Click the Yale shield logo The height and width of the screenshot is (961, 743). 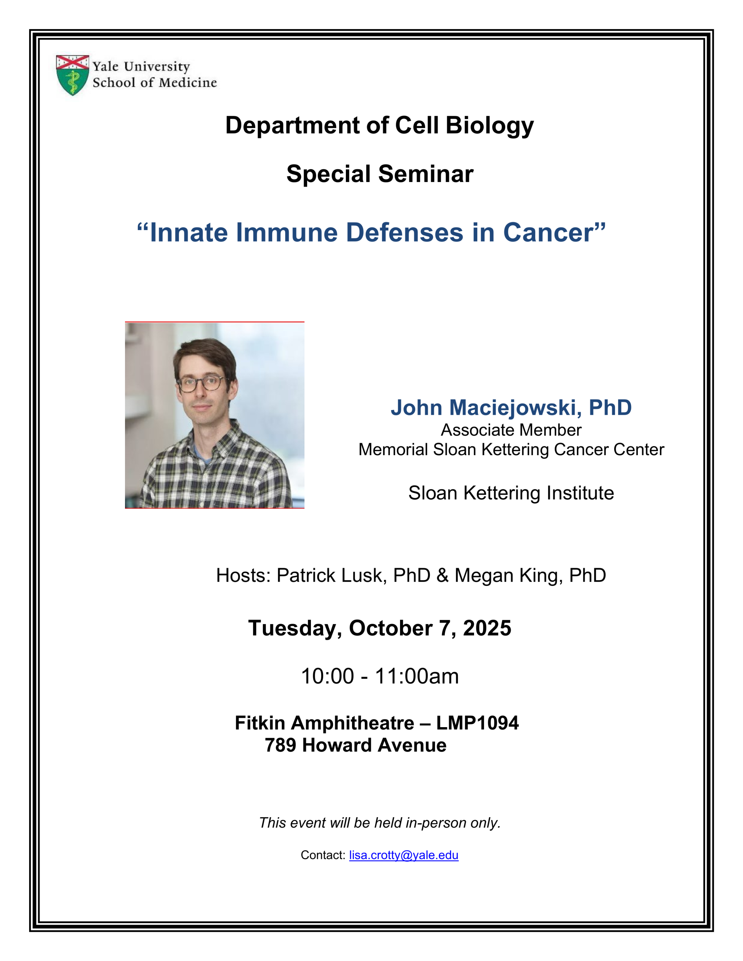(73, 75)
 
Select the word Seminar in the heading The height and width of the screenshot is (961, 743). (426, 174)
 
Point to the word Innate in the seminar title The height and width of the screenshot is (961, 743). (189, 233)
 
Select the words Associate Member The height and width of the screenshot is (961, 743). (511, 430)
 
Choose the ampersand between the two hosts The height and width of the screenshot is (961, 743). (442, 576)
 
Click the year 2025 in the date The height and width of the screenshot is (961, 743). (487, 628)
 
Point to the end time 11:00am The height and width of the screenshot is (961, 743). (416, 676)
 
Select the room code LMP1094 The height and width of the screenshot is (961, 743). (477, 723)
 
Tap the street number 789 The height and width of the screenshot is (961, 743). (280, 745)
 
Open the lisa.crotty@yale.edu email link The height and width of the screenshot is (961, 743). (404, 855)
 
